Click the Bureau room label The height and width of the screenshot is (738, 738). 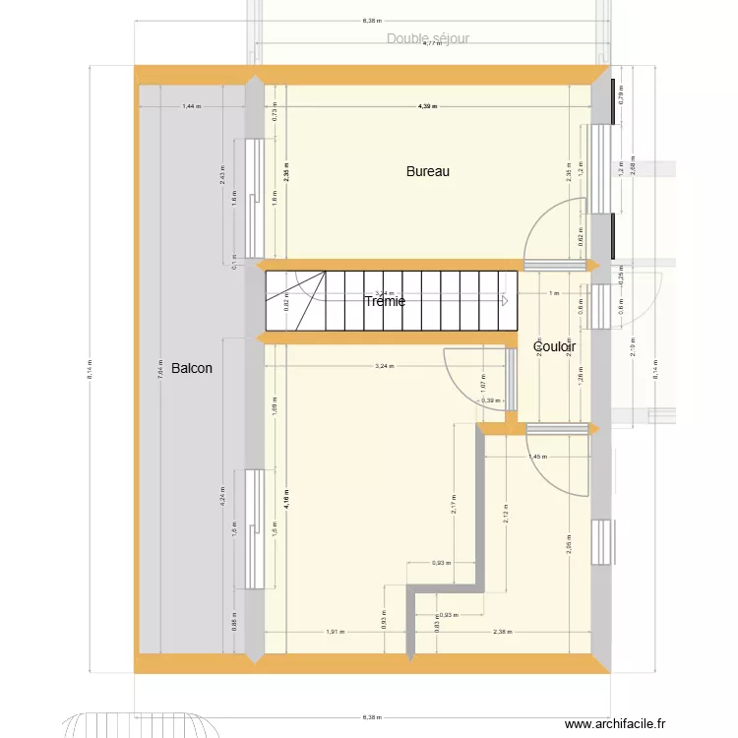tap(428, 171)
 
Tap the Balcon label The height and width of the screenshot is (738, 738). tap(191, 368)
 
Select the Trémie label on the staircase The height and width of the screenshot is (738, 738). tap(385, 301)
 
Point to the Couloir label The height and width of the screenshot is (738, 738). tap(554, 346)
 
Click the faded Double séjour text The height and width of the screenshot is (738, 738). tap(428, 38)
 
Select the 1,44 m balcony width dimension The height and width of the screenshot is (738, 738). tap(190, 105)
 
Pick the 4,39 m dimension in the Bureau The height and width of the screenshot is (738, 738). tap(427, 105)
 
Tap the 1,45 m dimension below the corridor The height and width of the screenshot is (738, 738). tap(538, 457)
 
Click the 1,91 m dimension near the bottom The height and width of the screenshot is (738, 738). tap(336, 632)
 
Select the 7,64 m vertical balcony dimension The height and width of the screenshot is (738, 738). tap(159, 367)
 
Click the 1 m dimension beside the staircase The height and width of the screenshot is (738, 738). tap(553, 293)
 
